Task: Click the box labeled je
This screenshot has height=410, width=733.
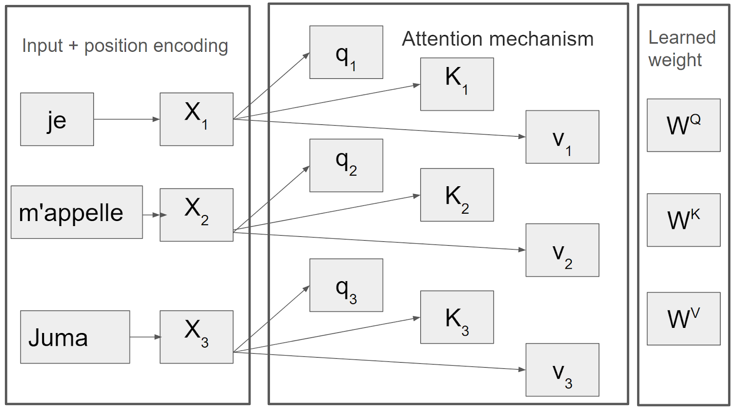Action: pyautogui.click(x=57, y=119)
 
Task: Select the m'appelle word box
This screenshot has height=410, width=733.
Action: pyautogui.click(x=77, y=212)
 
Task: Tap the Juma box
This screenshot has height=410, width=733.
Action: pyautogui.click(x=75, y=337)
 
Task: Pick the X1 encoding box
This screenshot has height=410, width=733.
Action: pyautogui.click(x=196, y=119)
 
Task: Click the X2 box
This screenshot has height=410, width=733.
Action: pyautogui.click(x=196, y=215)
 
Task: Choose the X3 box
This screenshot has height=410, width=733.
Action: pyautogui.click(x=196, y=337)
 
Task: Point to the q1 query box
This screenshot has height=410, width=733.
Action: pyautogui.click(x=346, y=52)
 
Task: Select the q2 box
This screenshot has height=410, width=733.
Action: pyautogui.click(x=346, y=166)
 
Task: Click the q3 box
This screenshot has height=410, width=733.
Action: pyautogui.click(x=346, y=285)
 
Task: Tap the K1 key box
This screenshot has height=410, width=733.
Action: pyautogui.click(x=457, y=84)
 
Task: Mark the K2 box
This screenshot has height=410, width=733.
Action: pyautogui.click(x=457, y=195)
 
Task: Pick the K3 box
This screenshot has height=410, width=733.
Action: pyautogui.click(x=457, y=317)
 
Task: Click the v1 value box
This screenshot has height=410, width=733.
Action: pyautogui.click(x=562, y=137)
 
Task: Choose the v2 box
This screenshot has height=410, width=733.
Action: pyautogui.click(x=562, y=250)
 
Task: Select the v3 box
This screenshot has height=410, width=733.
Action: pyautogui.click(x=562, y=370)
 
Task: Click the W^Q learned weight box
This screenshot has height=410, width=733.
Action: pyautogui.click(x=683, y=125)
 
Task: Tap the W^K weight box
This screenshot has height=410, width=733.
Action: pyautogui.click(x=683, y=220)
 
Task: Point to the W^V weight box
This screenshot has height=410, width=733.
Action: pyautogui.click(x=683, y=319)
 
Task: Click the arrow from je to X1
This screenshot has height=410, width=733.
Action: pyautogui.click(x=126, y=119)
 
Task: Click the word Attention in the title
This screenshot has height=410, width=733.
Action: pyautogui.click(x=435, y=39)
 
